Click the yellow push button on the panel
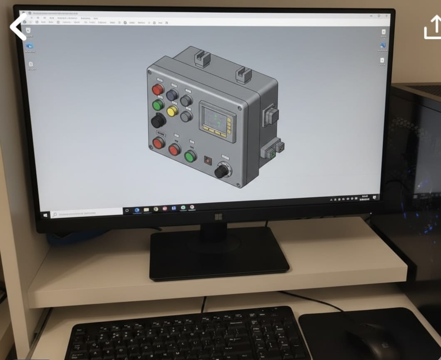(172, 111)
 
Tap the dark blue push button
(172, 95)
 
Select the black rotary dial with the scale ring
(222, 171)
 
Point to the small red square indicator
(207, 159)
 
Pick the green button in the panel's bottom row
(190, 156)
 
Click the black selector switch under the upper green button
(158, 121)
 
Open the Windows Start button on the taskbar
(45, 215)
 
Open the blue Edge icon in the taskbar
(136, 211)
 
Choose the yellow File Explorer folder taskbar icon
(146, 210)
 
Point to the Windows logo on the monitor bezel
(218, 217)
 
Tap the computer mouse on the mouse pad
(370, 341)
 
